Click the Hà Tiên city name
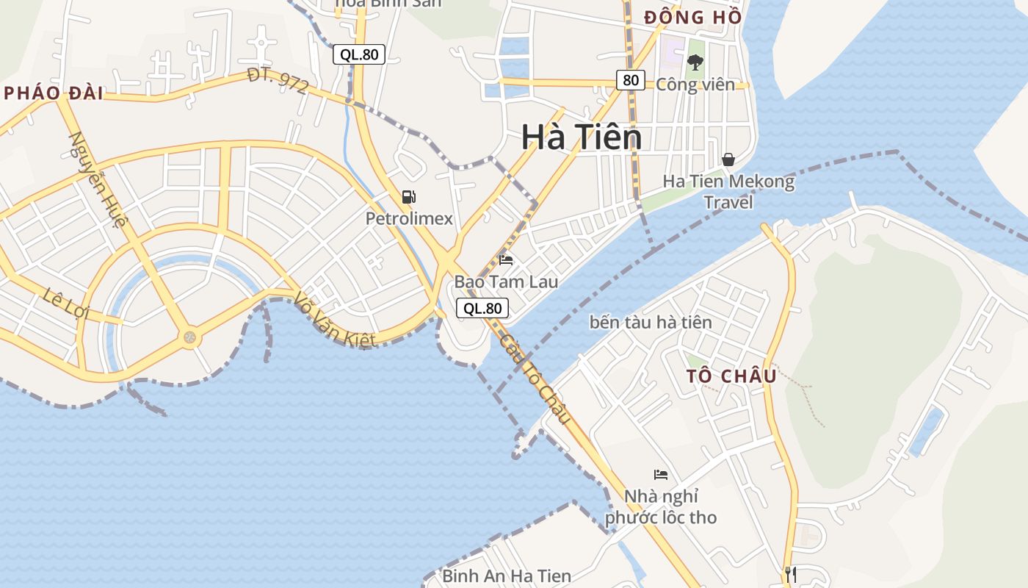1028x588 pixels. coord(582,137)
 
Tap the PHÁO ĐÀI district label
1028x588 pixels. coord(53,93)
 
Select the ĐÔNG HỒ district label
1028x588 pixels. coord(692,18)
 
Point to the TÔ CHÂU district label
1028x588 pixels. coord(731,376)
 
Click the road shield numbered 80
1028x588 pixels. coord(631,80)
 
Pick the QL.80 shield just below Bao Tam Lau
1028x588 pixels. coord(482,309)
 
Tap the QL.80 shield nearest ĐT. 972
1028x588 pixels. coord(359,54)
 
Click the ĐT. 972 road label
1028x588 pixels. coord(278,80)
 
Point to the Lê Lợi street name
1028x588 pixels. coord(65,303)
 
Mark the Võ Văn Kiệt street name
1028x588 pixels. coord(335,320)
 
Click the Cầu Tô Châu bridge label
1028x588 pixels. coord(535,379)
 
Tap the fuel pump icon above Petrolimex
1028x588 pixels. coord(409,196)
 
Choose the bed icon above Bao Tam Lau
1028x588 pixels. coord(506,259)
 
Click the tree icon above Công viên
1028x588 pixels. coord(695,62)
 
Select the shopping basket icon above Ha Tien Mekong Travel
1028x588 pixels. coord(728,159)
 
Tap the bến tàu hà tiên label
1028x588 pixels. coord(651,322)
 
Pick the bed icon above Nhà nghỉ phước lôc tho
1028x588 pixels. coord(661,475)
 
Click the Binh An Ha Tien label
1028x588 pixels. coord(507,576)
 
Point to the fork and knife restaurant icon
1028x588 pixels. coord(790,574)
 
